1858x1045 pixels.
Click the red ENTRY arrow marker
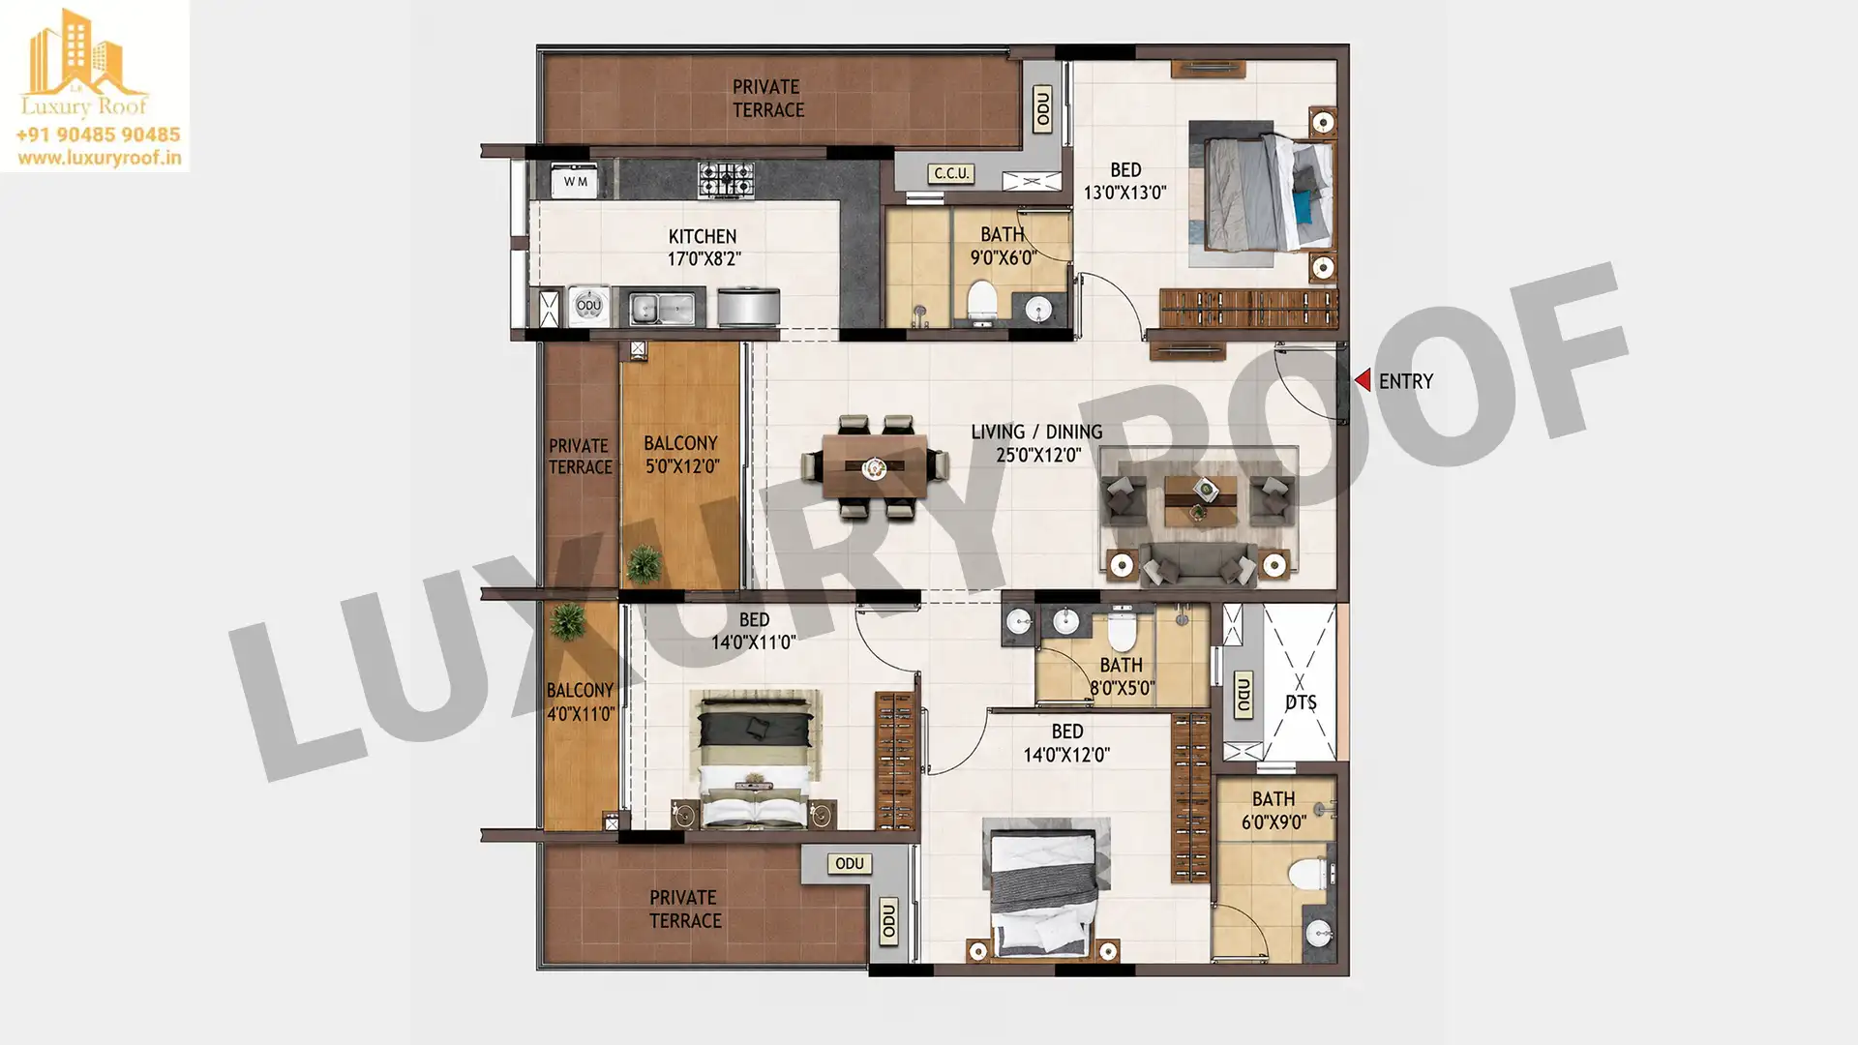tap(1363, 380)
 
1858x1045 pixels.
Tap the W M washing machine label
tap(576, 181)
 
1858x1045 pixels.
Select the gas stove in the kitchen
tap(726, 180)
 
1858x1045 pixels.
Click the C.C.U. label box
tap(951, 173)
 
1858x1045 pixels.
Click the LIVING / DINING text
tap(1036, 432)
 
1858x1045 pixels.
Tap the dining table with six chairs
tap(875, 467)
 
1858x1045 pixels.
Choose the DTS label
tap(1301, 702)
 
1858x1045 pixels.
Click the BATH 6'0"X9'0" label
tap(1274, 811)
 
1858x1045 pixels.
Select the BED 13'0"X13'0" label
tap(1124, 181)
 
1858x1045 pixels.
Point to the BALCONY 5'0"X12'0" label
tap(681, 454)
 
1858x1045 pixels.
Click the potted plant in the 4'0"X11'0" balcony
tap(566, 621)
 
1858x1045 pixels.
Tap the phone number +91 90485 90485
tap(98, 134)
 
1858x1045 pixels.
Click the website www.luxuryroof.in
tap(99, 158)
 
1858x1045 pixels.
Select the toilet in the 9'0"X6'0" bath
tap(981, 301)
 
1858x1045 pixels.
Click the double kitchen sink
tap(662, 309)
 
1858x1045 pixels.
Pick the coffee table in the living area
tap(1200, 499)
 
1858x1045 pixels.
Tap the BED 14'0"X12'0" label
tap(1066, 743)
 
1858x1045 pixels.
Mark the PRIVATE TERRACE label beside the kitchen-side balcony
tap(580, 457)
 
